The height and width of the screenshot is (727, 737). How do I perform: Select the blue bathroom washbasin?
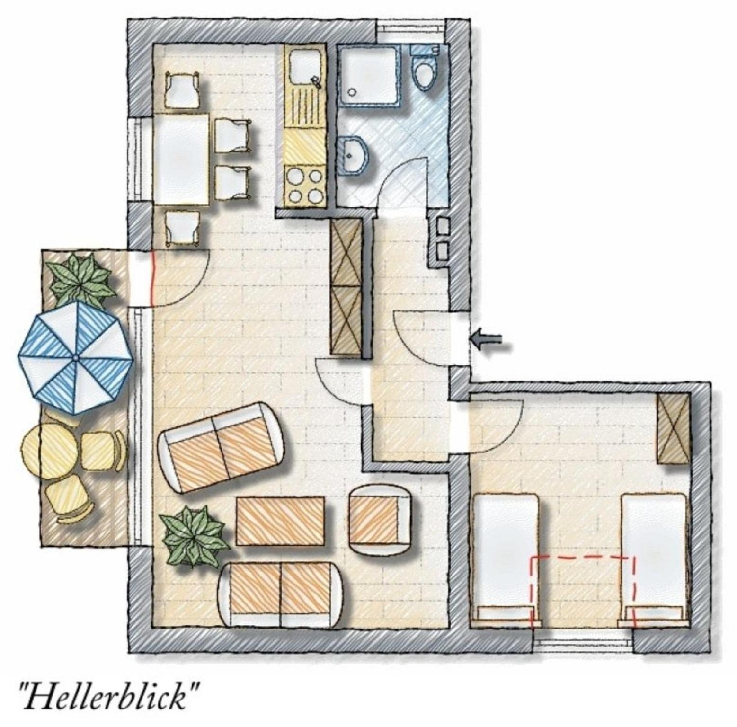pyautogui.click(x=354, y=154)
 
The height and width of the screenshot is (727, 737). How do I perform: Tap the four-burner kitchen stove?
pyautogui.click(x=304, y=186)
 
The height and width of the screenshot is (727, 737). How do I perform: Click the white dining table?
pyautogui.click(x=181, y=159)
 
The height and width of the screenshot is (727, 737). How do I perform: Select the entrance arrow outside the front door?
pyautogui.click(x=486, y=338)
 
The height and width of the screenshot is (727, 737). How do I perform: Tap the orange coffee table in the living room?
pyautogui.click(x=281, y=521)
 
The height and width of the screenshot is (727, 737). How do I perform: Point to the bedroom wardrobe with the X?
pyautogui.click(x=672, y=429)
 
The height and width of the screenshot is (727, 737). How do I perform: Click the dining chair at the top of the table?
pyautogui.click(x=181, y=89)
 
